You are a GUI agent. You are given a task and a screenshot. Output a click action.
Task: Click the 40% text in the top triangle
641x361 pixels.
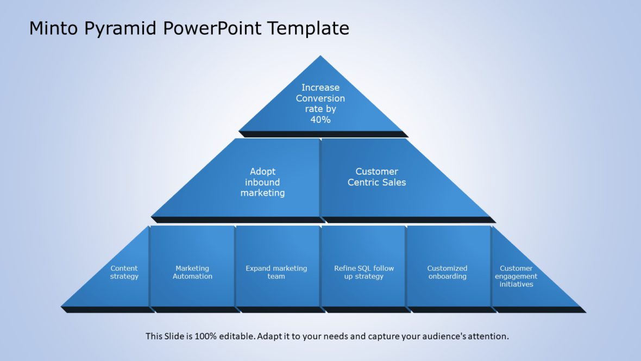coord(320,120)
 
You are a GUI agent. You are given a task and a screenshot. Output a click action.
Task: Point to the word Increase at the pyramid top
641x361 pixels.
coord(320,88)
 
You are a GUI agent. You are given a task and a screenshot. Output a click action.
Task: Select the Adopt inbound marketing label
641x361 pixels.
coord(263,182)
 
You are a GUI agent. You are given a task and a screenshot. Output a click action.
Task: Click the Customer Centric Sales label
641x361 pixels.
coord(376,177)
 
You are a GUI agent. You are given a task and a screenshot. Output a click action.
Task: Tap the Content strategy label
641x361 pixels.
coord(124,272)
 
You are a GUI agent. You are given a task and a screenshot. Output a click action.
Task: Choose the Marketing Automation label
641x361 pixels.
coord(192,272)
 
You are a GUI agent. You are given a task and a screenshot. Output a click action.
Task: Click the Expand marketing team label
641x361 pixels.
coord(276,272)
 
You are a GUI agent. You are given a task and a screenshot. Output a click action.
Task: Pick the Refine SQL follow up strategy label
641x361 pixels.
coord(364,272)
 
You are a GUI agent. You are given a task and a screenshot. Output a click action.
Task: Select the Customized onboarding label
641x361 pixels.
coord(447,272)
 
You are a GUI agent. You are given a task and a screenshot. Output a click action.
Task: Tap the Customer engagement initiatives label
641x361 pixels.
coord(516,276)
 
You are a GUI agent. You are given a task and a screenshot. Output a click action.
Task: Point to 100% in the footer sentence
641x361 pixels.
coord(203,336)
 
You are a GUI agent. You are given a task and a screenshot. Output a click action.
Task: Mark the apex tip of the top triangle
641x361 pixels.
coord(320,57)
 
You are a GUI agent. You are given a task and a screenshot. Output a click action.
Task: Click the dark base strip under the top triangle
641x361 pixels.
coord(324,134)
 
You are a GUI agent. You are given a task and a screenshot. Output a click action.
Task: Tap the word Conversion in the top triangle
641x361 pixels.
coord(320,98)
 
